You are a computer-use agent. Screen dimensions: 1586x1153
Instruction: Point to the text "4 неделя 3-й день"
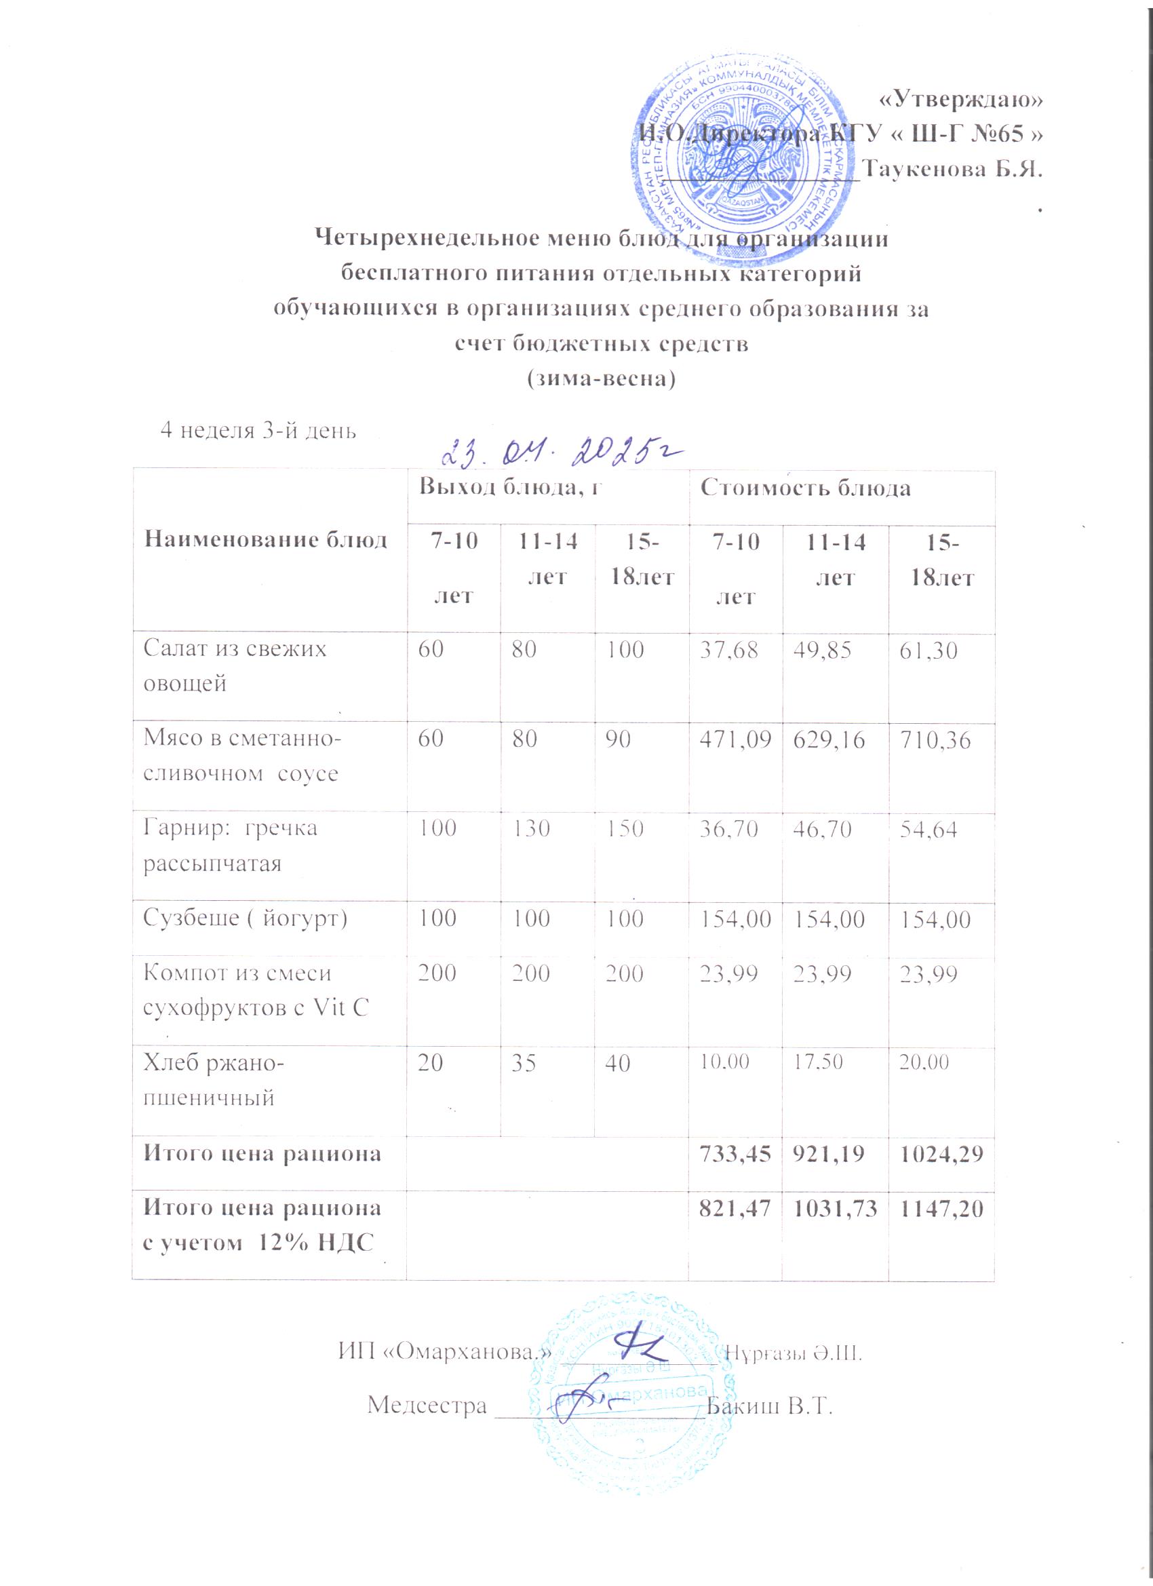click(258, 429)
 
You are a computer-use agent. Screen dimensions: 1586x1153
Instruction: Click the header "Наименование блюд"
click(265, 539)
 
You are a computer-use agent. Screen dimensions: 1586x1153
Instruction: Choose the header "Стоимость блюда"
click(806, 488)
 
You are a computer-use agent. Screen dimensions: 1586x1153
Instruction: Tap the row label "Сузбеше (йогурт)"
click(245, 918)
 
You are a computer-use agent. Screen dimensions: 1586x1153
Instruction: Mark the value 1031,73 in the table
click(834, 1207)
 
